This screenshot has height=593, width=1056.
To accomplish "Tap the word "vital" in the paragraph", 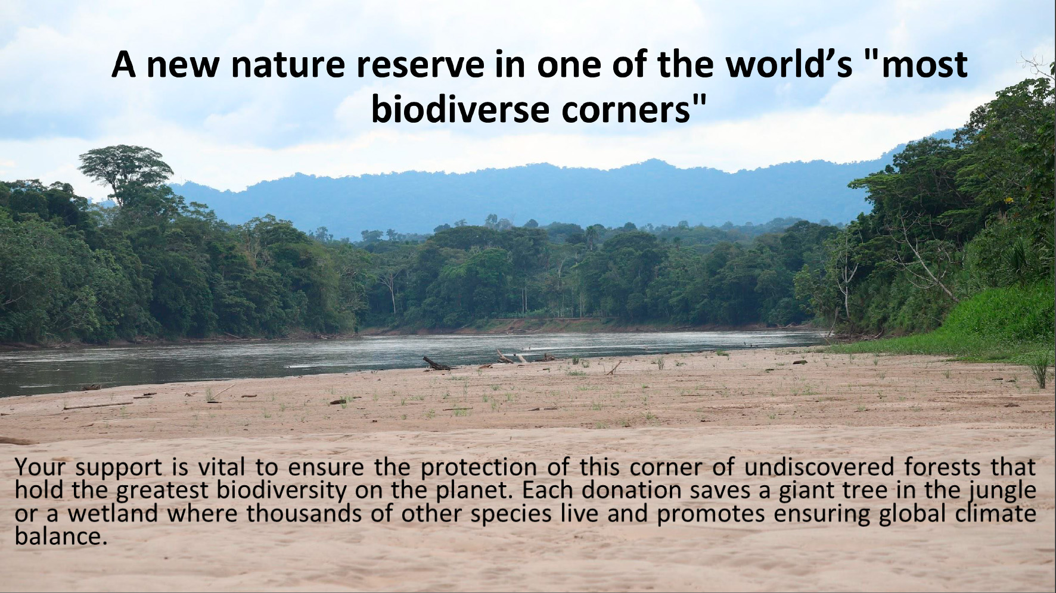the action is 221,467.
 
